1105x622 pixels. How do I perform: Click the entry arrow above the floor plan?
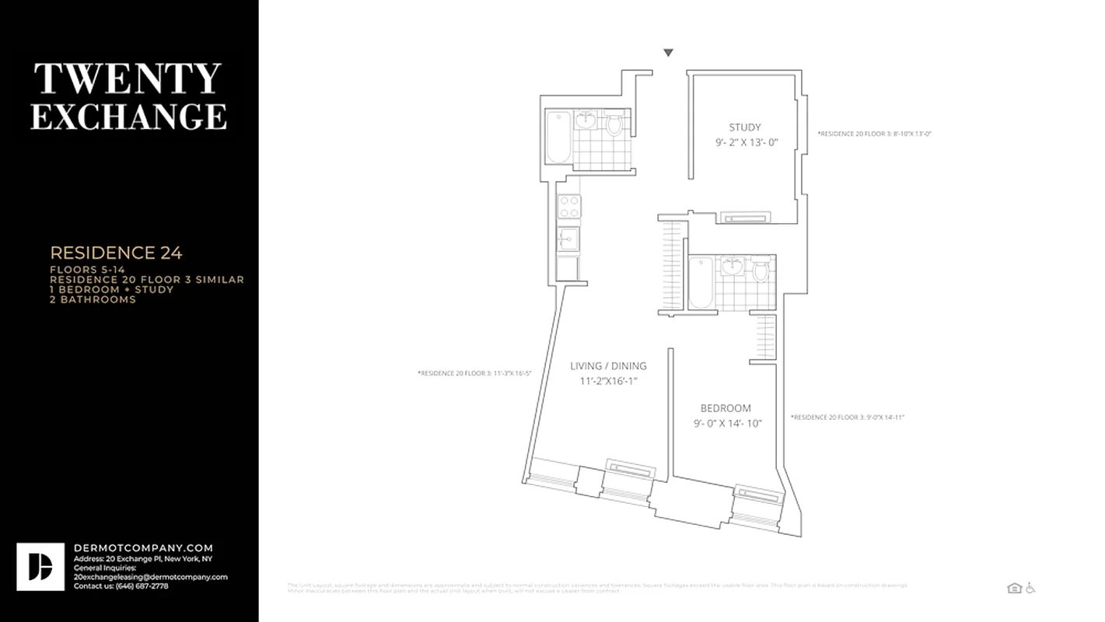pos(668,53)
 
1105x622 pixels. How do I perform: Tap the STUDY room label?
pos(744,128)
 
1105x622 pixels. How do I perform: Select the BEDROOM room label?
pos(726,408)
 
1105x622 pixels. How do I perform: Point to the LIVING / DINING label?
pos(608,366)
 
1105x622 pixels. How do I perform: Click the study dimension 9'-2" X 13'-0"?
pos(747,143)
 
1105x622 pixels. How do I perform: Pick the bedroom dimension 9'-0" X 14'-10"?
pos(728,424)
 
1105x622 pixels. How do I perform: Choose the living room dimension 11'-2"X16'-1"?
pos(608,381)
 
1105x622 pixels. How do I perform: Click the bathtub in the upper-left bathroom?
pos(558,137)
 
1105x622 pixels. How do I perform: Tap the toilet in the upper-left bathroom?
pos(614,124)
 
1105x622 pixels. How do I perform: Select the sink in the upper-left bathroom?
pos(586,121)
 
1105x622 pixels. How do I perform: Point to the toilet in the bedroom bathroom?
pos(761,270)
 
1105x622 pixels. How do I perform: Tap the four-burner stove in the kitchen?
pos(568,207)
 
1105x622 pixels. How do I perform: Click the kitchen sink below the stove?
pos(568,239)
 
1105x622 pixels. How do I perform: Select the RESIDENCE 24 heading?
pos(116,253)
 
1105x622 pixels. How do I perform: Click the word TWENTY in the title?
pos(128,79)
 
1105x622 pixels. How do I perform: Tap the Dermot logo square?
pos(40,567)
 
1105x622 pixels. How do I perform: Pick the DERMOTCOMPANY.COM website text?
pos(143,548)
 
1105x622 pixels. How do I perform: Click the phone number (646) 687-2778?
pos(141,586)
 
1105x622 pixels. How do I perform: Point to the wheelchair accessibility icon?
pos(1031,589)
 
